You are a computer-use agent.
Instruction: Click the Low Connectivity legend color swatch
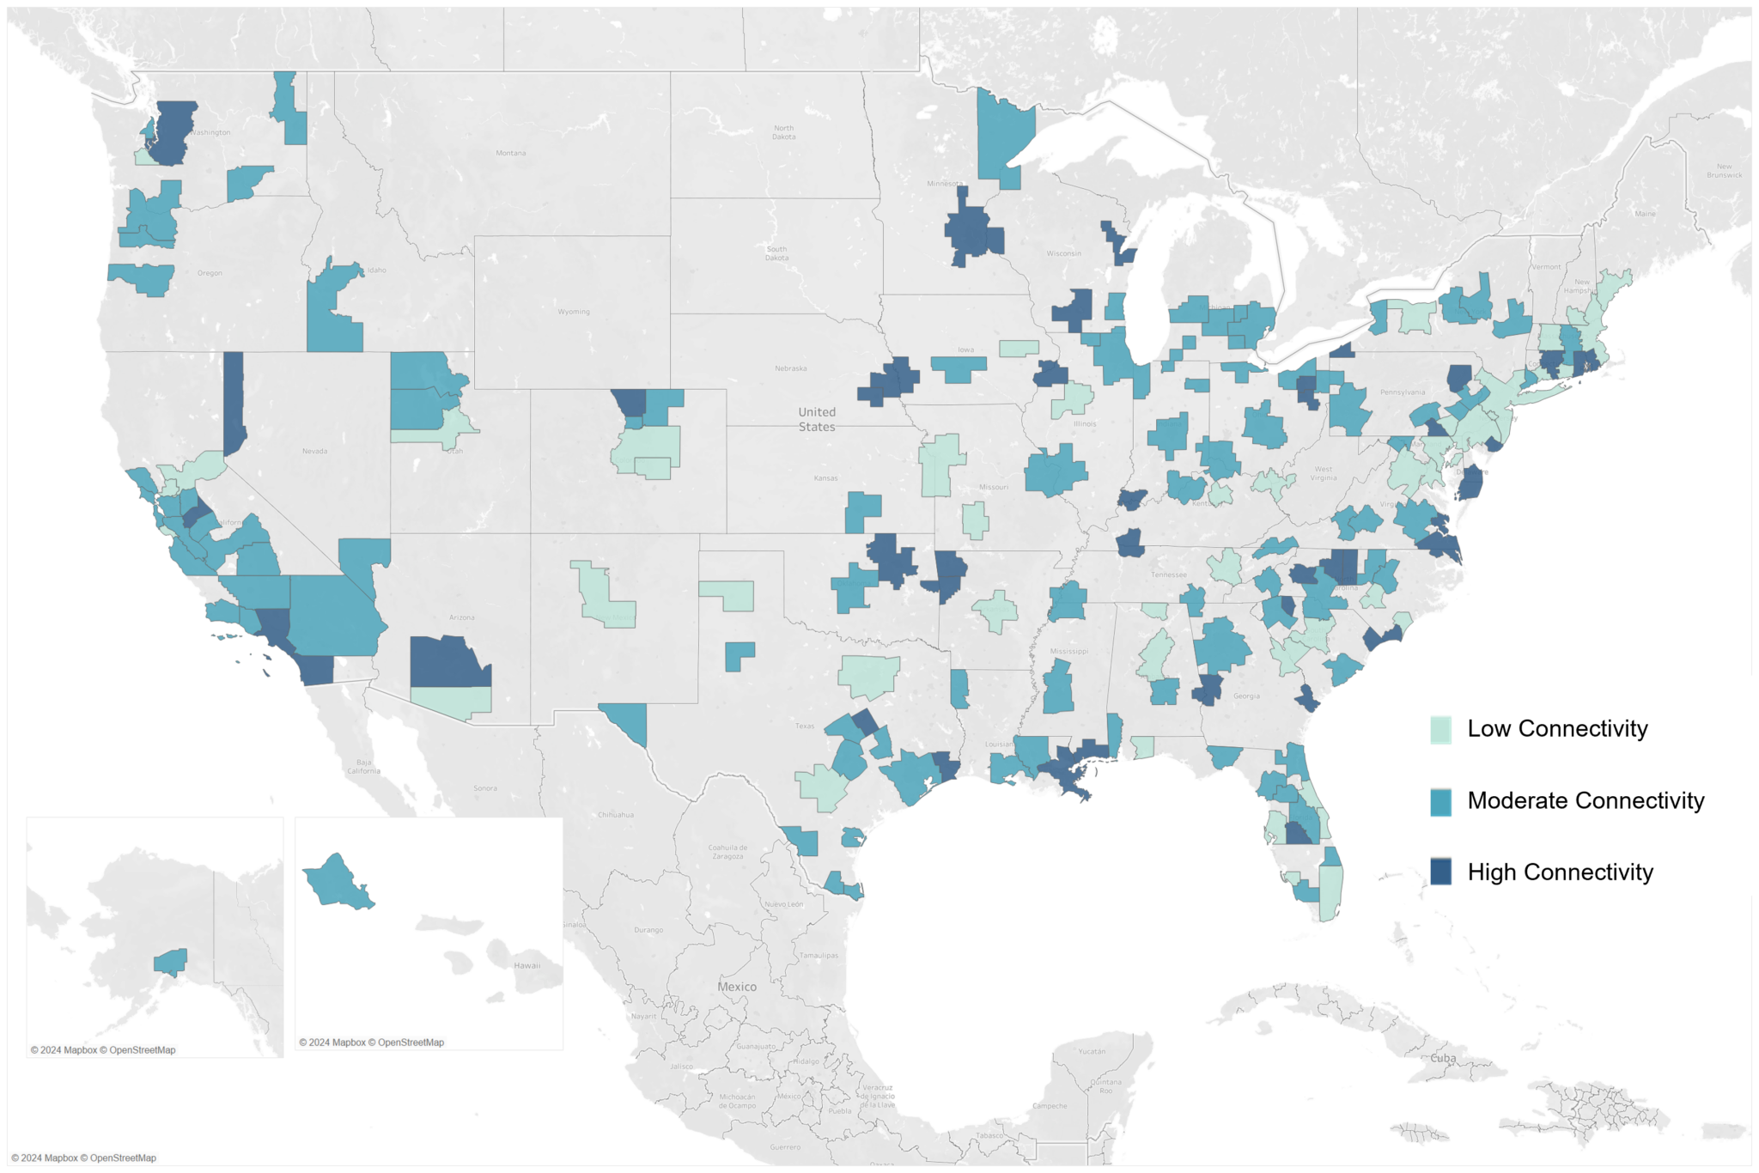coord(1440,729)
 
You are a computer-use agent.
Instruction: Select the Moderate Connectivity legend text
coord(1586,800)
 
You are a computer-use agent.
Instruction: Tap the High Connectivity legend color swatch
coord(1440,872)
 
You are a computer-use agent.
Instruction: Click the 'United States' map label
coord(816,419)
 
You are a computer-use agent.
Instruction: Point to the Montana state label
coord(510,153)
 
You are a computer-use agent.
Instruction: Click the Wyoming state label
coord(573,312)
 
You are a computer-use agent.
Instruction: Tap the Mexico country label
coord(737,987)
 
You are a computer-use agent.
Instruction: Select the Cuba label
coord(1443,1058)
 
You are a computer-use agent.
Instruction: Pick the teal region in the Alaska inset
coord(171,961)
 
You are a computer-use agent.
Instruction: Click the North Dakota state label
coord(783,132)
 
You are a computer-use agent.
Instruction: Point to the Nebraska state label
coord(790,368)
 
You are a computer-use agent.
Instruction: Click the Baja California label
coord(363,766)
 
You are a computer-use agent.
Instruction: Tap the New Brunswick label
coord(1724,170)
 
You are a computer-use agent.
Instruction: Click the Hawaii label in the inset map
coord(526,965)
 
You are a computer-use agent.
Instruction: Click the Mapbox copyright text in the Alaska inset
coord(103,1050)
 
